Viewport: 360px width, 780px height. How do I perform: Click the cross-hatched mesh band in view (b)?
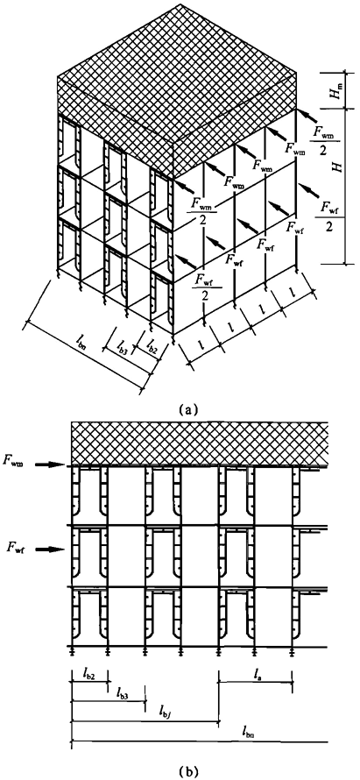coord(200,443)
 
